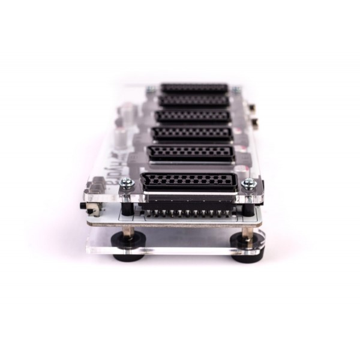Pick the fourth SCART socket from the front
pyautogui.click(x=193, y=115)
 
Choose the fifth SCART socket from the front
pyautogui.click(x=194, y=100)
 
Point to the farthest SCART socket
pyautogui.click(x=194, y=88)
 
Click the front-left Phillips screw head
pyautogui.click(x=127, y=182)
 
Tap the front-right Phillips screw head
pyautogui.click(x=248, y=183)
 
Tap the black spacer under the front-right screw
pyautogui.click(x=247, y=208)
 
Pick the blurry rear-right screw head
pyautogui.click(x=236, y=90)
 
